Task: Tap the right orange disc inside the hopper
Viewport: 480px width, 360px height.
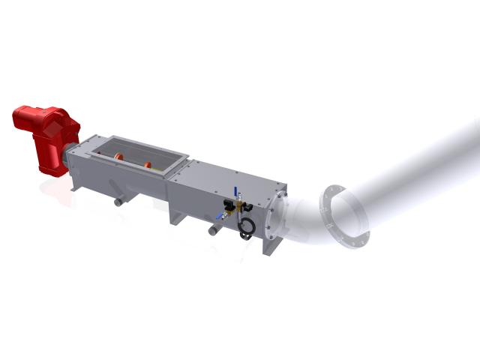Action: point(148,164)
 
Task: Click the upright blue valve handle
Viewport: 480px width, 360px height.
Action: point(234,192)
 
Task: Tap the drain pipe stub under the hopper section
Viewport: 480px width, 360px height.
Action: point(118,202)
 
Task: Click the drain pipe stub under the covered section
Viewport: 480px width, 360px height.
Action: point(212,230)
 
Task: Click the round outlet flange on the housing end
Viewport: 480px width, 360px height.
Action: point(282,214)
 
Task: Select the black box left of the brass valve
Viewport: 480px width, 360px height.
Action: point(226,203)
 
